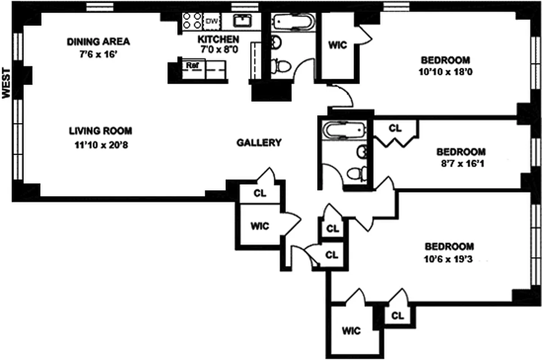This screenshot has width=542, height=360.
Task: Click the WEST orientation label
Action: [x=6, y=82]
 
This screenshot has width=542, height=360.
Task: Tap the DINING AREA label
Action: [x=99, y=42]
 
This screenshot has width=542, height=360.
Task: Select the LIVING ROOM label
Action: [x=100, y=131]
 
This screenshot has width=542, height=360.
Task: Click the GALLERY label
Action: [x=259, y=143]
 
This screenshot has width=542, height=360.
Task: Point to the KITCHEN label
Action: [x=219, y=39]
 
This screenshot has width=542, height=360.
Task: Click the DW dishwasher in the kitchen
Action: [x=211, y=21]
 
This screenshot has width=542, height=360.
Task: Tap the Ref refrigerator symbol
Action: [x=193, y=65]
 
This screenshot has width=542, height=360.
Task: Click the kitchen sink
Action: [x=242, y=21]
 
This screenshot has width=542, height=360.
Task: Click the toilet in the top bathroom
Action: [x=282, y=66]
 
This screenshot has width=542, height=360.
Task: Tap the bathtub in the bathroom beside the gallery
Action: [x=344, y=131]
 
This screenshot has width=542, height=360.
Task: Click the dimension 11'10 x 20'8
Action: [x=100, y=145]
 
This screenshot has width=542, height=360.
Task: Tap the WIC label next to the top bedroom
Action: [x=337, y=45]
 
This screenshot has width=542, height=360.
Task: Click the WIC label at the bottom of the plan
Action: [x=351, y=331]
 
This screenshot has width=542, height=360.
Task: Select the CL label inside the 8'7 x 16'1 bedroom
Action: [x=395, y=128]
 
